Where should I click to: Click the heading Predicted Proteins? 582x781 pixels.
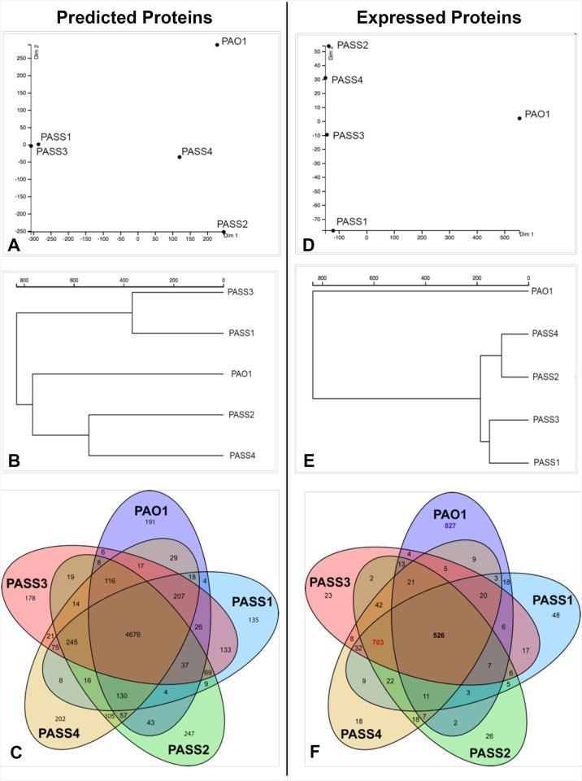click(x=145, y=17)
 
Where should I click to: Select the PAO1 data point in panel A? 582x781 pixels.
click(x=217, y=45)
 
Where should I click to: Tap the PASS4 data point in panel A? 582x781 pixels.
click(x=179, y=157)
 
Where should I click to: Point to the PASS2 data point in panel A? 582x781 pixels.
click(x=224, y=233)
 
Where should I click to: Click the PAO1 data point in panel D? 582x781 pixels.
click(x=519, y=119)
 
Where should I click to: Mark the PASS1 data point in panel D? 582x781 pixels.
click(x=333, y=230)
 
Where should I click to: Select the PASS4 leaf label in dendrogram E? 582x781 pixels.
click(x=545, y=333)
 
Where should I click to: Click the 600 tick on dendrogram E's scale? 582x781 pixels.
click(x=374, y=277)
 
